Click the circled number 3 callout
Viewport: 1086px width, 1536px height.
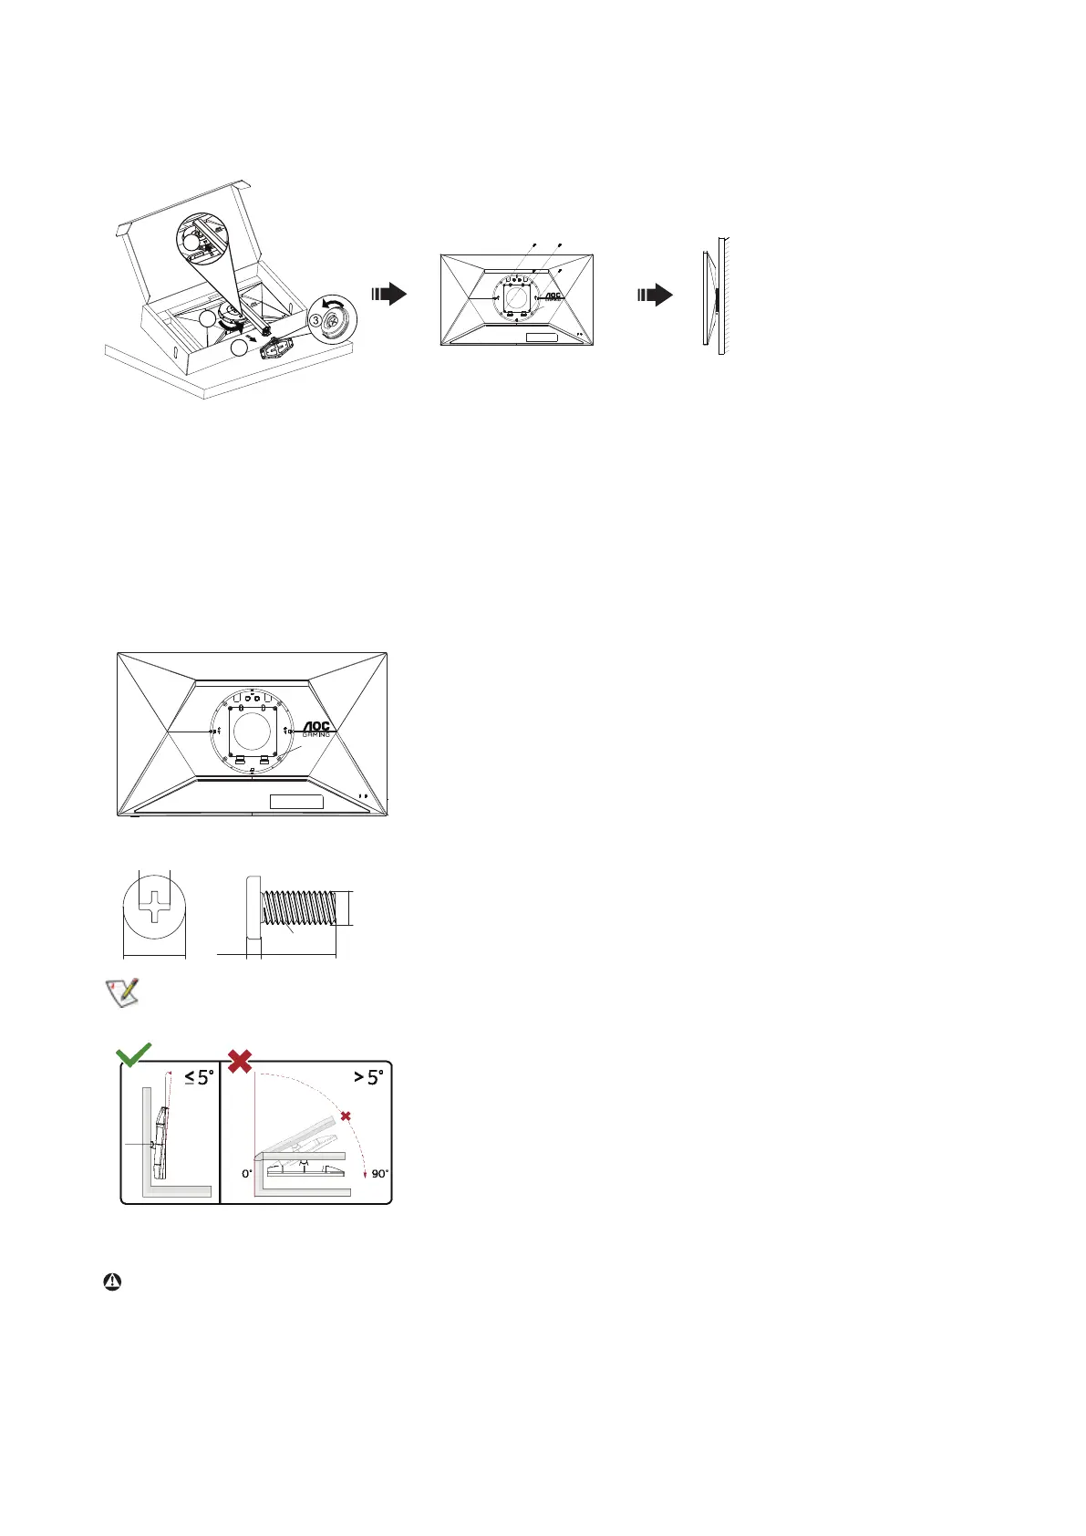click(315, 320)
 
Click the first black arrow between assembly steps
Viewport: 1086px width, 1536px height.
click(389, 294)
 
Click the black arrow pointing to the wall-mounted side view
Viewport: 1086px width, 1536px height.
click(656, 295)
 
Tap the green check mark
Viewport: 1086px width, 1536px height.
click(134, 1057)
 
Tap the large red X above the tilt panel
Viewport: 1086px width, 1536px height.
click(240, 1061)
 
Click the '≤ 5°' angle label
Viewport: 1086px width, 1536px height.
click(199, 1077)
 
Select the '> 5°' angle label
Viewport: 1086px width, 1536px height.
click(368, 1077)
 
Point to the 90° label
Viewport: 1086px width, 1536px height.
click(379, 1174)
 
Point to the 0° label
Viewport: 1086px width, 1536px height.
click(247, 1174)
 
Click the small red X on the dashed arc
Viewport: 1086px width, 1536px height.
click(346, 1116)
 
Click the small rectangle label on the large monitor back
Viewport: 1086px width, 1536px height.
click(296, 802)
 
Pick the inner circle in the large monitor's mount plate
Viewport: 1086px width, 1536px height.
click(252, 731)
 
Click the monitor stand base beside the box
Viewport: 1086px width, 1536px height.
click(276, 349)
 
